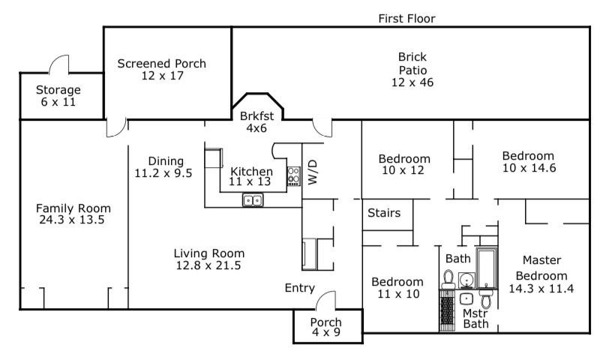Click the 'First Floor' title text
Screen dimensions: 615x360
coord(406,19)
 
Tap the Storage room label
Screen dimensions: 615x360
coord(58,90)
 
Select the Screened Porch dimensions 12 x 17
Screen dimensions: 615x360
coord(163,75)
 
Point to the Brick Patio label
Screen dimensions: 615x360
coord(412,64)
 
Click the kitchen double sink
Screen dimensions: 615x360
coord(253,200)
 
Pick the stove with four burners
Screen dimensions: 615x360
coord(294,176)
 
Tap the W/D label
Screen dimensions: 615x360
coord(312,172)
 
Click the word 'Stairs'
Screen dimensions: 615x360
coord(384,213)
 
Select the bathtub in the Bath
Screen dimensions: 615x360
coord(486,268)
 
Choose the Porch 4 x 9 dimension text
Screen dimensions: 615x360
coord(326,332)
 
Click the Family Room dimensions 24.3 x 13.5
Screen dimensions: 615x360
coord(72,220)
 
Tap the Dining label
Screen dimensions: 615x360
coord(166,161)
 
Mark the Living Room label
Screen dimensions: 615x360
coord(209,253)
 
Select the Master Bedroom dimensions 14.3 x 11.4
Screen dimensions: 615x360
coord(541,289)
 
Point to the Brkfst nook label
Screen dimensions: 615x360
coord(256,116)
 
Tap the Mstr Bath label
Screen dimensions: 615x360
coord(475,319)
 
